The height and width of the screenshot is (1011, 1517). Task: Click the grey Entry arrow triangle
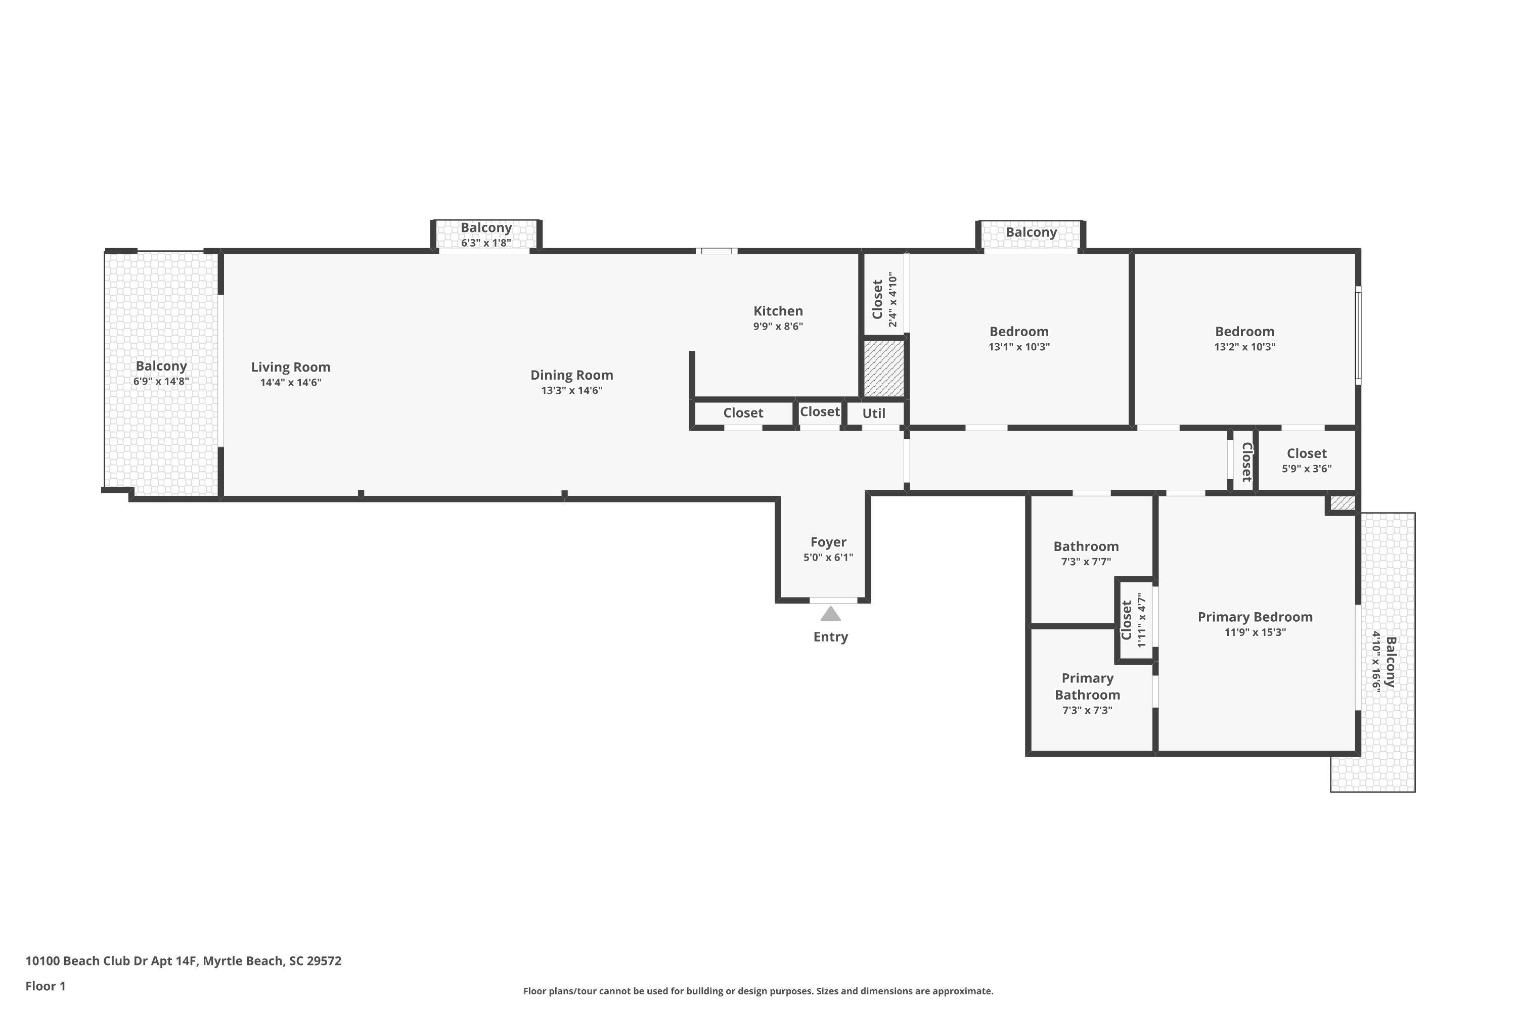point(830,614)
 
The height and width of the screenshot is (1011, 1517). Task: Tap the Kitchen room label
point(778,311)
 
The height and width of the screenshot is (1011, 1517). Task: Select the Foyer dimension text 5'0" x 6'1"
point(828,557)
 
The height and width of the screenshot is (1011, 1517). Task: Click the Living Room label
point(290,367)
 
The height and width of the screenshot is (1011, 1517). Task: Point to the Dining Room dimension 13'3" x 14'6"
point(571,390)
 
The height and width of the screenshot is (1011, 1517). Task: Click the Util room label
point(873,413)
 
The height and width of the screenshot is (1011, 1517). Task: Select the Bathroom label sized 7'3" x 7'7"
point(1086,546)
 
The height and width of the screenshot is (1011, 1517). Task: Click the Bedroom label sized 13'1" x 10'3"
point(1018,332)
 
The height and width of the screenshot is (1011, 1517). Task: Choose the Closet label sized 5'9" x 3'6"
point(1306,453)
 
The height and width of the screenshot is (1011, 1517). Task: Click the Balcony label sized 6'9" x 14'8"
point(161,365)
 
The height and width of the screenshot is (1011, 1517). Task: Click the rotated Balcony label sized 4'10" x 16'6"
point(1391,662)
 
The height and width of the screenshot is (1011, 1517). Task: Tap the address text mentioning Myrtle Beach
point(183,961)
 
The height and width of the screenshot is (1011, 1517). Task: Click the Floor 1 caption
point(45,986)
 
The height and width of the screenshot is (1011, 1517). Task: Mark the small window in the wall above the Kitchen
point(716,251)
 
